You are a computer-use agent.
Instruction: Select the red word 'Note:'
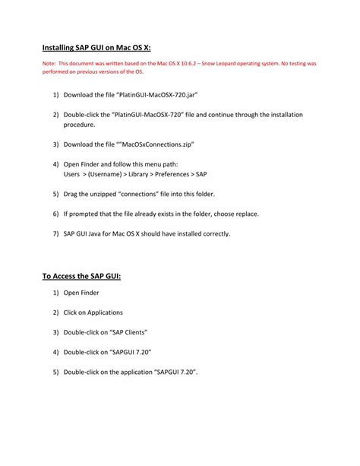point(49,64)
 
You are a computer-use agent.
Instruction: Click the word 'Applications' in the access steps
point(103,312)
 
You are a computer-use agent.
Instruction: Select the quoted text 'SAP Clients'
point(125,332)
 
